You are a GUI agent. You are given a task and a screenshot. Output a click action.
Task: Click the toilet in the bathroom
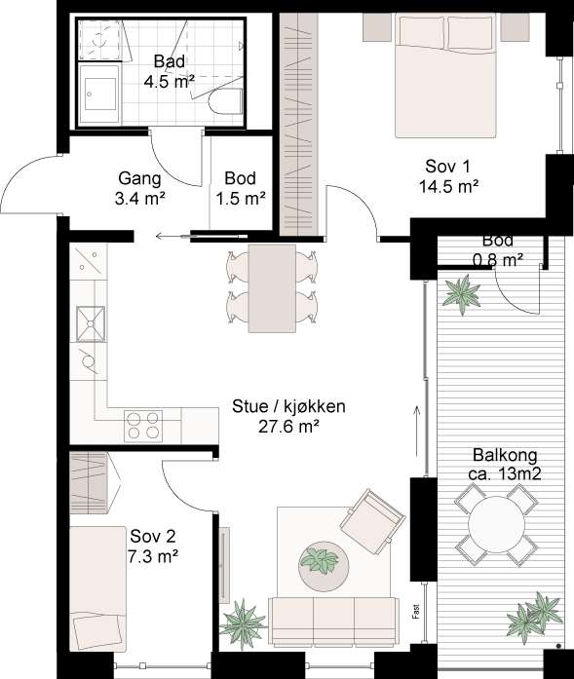pyautogui.click(x=225, y=101)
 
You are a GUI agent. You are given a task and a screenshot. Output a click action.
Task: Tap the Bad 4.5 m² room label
pyautogui.click(x=170, y=71)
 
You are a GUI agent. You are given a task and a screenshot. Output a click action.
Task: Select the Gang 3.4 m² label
pyautogui.click(x=140, y=188)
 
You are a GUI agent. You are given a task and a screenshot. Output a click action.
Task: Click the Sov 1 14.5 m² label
pyautogui.click(x=448, y=176)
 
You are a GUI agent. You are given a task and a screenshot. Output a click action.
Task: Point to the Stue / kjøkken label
pyautogui.click(x=289, y=406)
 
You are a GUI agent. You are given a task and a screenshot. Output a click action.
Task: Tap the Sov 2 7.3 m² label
pyautogui.click(x=153, y=547)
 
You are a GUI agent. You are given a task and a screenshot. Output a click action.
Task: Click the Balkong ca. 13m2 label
pyautogui.click(x=505, y=465)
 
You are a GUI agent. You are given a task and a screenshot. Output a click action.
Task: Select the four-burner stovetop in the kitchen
pyautogui.click(x=143, y=426)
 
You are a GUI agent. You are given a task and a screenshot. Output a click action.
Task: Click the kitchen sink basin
pyautogui.click(x=91, y=323)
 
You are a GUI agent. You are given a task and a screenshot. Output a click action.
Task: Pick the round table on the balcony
pyautogui.click(x=496, y=524)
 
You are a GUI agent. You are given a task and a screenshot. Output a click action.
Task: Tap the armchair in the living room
pyautogui.click(x=372, y=521)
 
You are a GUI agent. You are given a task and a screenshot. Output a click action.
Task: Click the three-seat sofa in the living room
pyautogui.click(x=332, y=622)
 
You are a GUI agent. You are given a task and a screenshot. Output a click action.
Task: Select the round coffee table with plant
pyautogui.click(x=324, y=563)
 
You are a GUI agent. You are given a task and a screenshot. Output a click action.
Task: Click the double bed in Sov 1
pyautogui.click(x=445, y=75)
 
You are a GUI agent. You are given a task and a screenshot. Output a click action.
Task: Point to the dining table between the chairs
pyautogui.click(x=272, y=288)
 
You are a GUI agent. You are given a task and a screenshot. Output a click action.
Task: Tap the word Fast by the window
pyautogui.click(x=416, y=612)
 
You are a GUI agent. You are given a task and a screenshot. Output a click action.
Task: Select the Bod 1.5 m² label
pyautogui.click(x=241, y=188)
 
